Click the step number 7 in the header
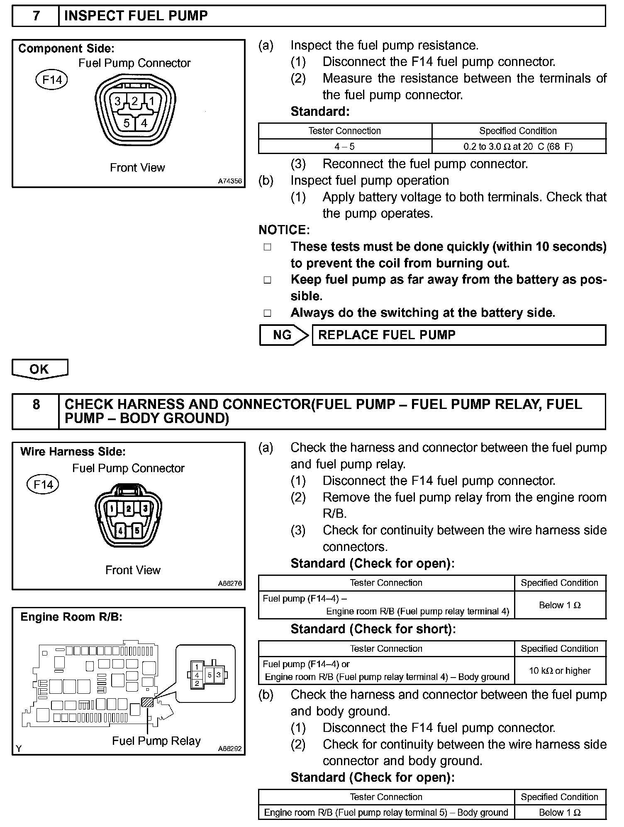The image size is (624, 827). (x=36, y=16)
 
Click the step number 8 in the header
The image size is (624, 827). (x=36, y=404)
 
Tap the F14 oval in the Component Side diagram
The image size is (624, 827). (x=51, y=79)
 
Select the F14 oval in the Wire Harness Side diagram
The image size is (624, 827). (x=43, y=484)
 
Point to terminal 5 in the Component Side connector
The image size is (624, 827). (x=127, y=123)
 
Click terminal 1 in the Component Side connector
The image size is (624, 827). (x=151, y=101)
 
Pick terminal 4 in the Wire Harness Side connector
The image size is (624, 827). (x=121, y=530)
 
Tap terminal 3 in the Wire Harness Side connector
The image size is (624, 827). (x=145, y=509)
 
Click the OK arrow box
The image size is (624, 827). (x=39, y=369)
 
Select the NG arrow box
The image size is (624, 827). (x=284, y=335)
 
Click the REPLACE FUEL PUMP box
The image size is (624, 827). (x=458, y=335)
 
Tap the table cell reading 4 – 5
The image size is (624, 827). (x=345, y=147)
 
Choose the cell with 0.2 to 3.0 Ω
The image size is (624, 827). (x=519, y=147)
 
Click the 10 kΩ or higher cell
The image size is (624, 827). (x=560, y=670)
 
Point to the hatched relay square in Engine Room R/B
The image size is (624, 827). (x=147, y=702)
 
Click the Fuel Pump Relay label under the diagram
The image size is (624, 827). (x=156, y=741)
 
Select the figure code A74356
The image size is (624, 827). (x=230, y=181)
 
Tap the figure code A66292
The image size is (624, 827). (x=229, y=749)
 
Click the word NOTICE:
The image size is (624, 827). (x=284, y=230)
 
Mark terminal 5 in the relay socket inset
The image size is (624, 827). (x=210, y=675)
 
